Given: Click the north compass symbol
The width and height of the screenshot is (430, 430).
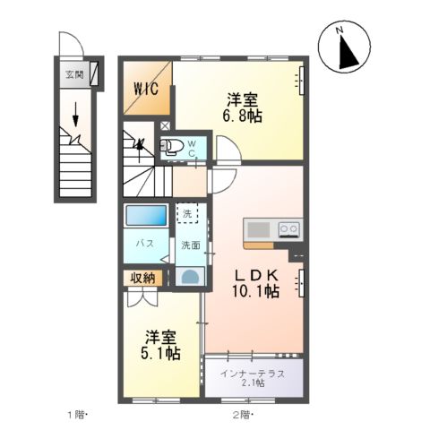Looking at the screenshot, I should pos(344,47).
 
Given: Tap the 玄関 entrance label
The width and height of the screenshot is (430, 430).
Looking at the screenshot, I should pos(73,75).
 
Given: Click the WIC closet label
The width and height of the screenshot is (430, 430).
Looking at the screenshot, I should pos(145,88).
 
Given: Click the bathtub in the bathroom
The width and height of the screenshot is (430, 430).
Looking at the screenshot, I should pos(146,216).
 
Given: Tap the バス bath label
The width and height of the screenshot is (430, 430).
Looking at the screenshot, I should pos(142,244).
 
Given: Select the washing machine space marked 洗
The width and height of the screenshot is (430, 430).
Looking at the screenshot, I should pos(185,215).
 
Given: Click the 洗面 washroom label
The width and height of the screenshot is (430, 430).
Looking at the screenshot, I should pos(190,245).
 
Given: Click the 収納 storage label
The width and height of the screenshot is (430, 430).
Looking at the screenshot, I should pos(142,278).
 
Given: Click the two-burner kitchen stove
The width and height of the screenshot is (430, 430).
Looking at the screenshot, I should pos(288,228).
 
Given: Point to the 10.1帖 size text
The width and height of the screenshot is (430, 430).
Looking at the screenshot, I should pos(259,292).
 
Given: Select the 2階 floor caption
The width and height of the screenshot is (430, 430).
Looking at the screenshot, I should pos(241,415).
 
